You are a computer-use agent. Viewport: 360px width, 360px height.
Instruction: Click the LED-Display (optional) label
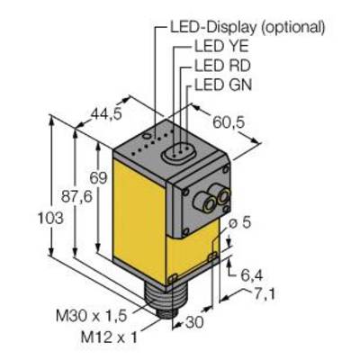click(247, 28)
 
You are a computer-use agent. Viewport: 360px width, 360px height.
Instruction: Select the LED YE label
click(221, 47)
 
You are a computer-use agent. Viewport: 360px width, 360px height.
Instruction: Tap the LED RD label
click(222, 66)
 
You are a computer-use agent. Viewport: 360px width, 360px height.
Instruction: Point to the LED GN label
click(223, 85)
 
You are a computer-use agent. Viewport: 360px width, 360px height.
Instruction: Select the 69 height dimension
click(98, 178)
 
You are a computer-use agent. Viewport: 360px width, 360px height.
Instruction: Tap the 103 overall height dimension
click(50, 218)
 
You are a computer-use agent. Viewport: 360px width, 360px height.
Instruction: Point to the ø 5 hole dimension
click(239, 223)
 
